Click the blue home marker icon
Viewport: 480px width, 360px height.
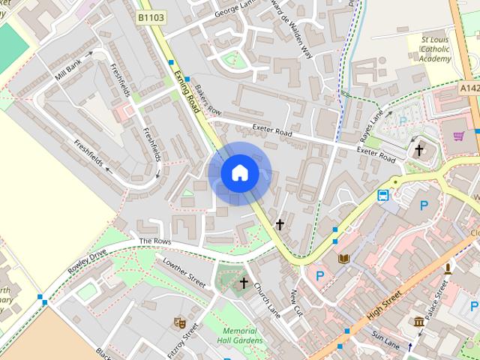click(239, 173)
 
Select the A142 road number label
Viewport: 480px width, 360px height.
click(469, 88)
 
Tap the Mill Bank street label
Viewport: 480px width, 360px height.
click(67, 70)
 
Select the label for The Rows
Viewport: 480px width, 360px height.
click(155, 241)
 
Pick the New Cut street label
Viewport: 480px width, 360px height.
click(295, 301)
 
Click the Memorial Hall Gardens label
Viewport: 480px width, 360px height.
click(243, 335)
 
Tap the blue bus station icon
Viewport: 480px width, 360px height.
click(383, 196)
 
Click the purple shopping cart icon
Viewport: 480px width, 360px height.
click(458, 136)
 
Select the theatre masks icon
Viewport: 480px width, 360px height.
click(179, 322)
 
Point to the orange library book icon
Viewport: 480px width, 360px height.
click(344, 259)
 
